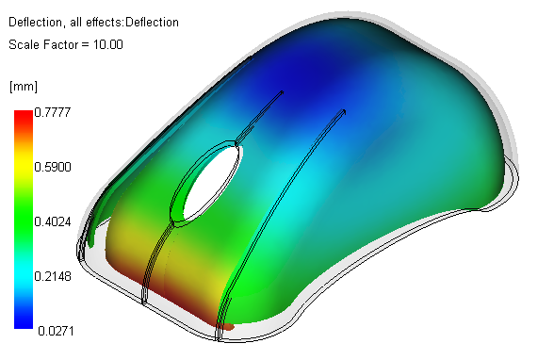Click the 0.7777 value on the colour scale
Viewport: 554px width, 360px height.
[53, 112]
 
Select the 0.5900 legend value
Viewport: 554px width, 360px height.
[53, 167]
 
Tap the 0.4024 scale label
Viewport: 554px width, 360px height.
[53, 221]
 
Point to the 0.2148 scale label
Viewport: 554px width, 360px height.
[53, 276]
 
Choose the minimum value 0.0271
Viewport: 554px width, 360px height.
[56, 331]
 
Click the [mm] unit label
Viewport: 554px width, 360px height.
[24, 86]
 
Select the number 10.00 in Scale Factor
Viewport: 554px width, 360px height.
[108, 44]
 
